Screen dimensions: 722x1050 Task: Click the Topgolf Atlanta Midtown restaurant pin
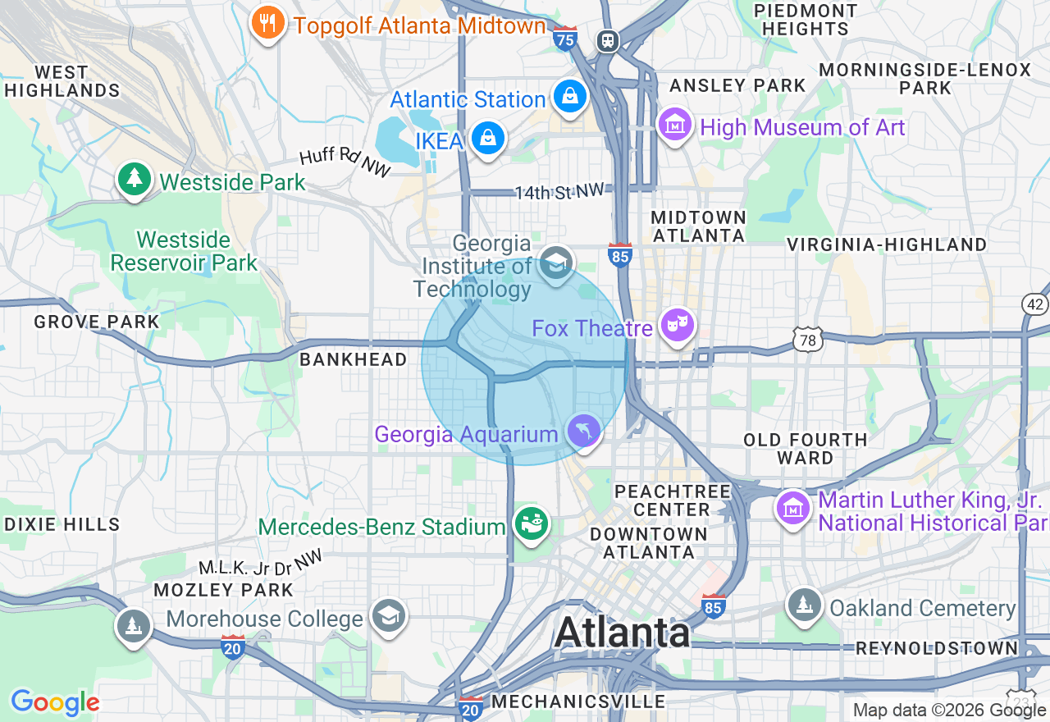(267, 24)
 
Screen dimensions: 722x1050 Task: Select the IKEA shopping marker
(488, 139)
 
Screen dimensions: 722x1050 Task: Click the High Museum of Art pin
(675, 126)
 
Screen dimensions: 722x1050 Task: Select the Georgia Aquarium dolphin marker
(583, 431)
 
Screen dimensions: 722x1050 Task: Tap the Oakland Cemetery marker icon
(805, 606)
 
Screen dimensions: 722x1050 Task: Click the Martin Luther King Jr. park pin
(793, 509)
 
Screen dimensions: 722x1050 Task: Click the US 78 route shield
(808, 339)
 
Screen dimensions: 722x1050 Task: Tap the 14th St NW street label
(559, 192)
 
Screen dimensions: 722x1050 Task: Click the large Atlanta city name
(622, 632)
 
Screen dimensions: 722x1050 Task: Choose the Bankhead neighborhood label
(353, 359)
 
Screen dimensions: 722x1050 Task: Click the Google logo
(55, 702)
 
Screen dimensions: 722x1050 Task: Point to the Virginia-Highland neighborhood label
(886, 244)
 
